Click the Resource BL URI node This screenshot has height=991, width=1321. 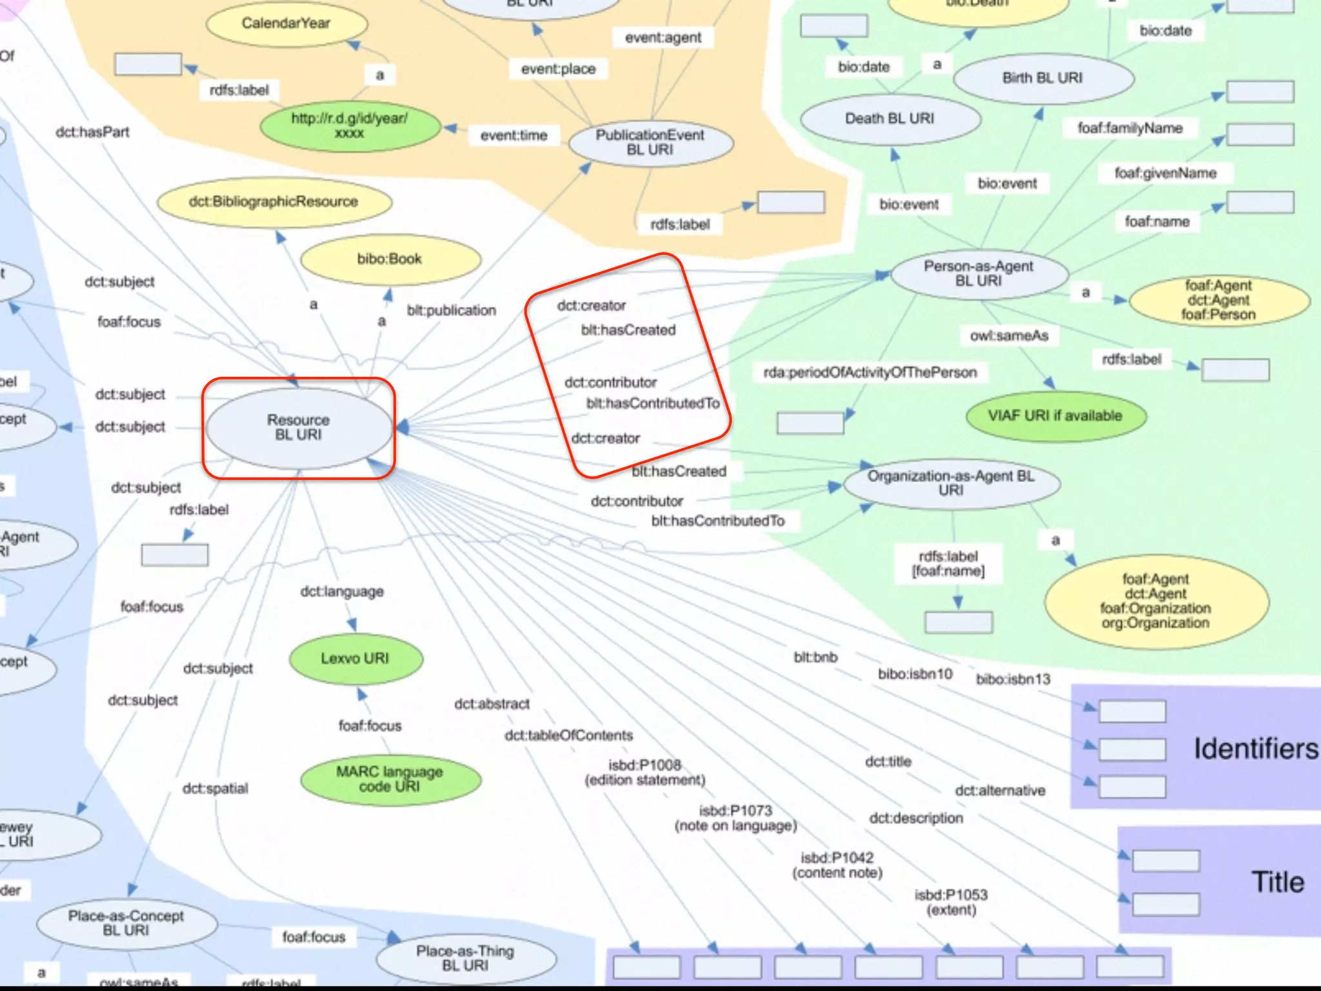point(299,427)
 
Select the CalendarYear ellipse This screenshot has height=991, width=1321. point(286,24)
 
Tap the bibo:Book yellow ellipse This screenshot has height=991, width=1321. point(390,259)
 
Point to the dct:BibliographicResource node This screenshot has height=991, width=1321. point(273,202)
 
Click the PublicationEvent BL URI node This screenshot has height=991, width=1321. point(650,143)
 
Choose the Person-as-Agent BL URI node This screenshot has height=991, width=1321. point(978,274)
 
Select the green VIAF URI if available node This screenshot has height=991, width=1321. point(1055,416)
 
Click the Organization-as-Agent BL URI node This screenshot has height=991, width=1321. point(951,483)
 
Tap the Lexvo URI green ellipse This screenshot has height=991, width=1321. point(355,659)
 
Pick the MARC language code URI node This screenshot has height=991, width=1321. point(390,779)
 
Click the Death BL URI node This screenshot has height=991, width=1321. point(890,119)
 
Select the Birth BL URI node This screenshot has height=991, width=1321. point(1042,78)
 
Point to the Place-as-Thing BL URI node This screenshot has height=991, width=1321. point(465,958)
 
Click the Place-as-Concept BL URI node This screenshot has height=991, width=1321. point(126,923)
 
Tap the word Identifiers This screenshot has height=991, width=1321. point(1255,749)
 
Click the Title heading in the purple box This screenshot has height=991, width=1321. point(1278,882)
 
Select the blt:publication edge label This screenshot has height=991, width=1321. point(452,311)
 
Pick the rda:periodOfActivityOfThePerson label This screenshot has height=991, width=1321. point(870,373)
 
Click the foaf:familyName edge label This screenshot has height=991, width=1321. point(1130,128)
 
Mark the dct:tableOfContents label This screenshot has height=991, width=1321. point(569,736)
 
